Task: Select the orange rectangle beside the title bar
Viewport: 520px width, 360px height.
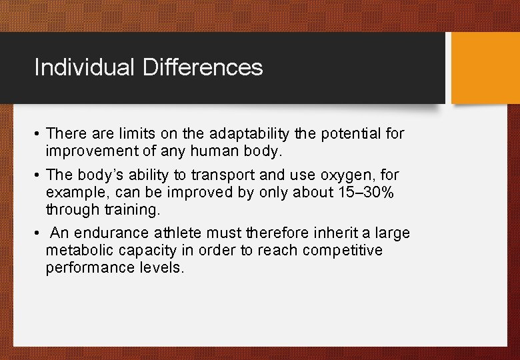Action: (485, 68)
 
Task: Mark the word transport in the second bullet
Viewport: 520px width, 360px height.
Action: (227, 176)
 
